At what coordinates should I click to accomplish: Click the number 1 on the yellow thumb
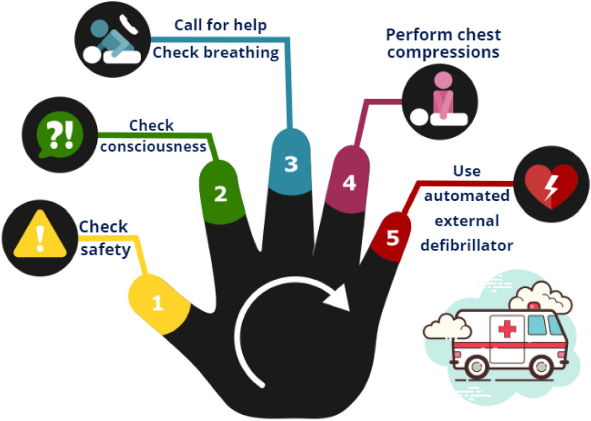coord(158,303)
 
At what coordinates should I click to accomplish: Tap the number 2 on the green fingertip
coord(221,194)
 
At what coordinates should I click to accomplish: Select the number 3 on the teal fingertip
coord(291,164)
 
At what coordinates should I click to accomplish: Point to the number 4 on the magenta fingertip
coord(349,183)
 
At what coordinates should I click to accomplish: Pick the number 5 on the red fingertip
coord(393,237)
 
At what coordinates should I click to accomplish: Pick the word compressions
coord(444,52)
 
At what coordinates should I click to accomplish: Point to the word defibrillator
coord(467,245)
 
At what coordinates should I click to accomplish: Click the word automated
coord(467,195)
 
